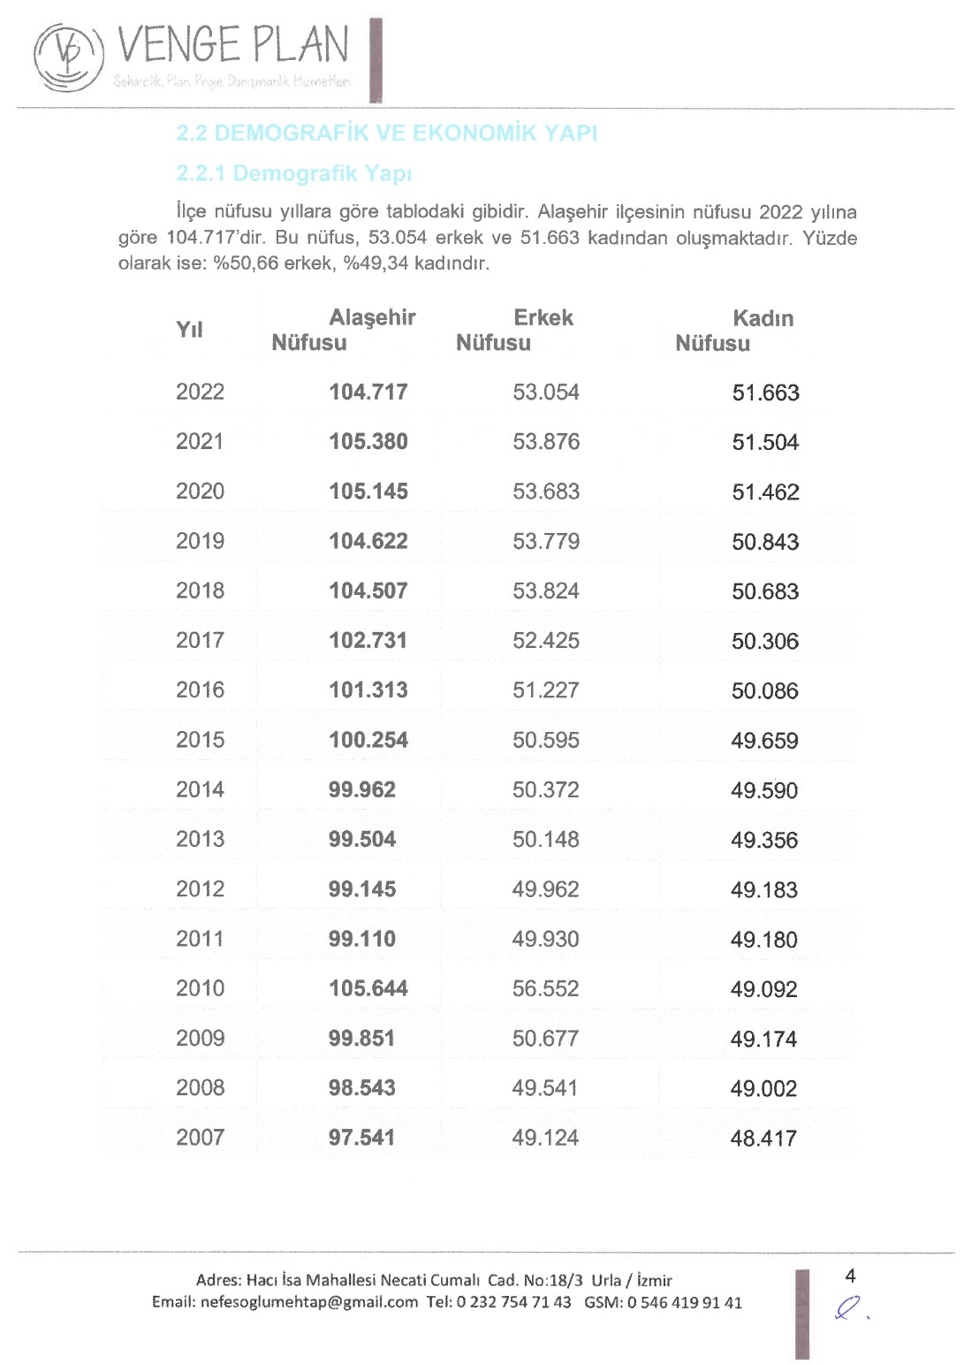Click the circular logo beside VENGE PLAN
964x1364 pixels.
point(68,57)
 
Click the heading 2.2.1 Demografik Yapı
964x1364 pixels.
point(293,173)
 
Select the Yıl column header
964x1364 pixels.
point(189,330)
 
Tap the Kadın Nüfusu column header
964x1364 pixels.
point(734,331)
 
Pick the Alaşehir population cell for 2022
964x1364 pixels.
point(368,392)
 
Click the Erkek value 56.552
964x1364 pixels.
point(545,988)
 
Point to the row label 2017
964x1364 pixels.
point(200,640)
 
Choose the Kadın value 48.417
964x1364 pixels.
point(763,1139)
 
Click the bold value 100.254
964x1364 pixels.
point(368,740)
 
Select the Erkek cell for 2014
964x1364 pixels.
point(545,789)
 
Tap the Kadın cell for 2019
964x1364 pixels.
point(764,542)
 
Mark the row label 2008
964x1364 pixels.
point(200,1087)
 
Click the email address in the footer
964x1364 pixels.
point(308,1302)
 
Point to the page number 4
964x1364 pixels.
point(850,1276)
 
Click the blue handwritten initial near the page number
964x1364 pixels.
point(849,1307)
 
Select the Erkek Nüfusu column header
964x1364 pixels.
point(514,330)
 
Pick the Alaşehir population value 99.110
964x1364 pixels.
point(361,939)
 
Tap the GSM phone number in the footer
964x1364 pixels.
point(684,1302)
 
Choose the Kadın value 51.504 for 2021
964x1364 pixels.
point(764,442)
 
